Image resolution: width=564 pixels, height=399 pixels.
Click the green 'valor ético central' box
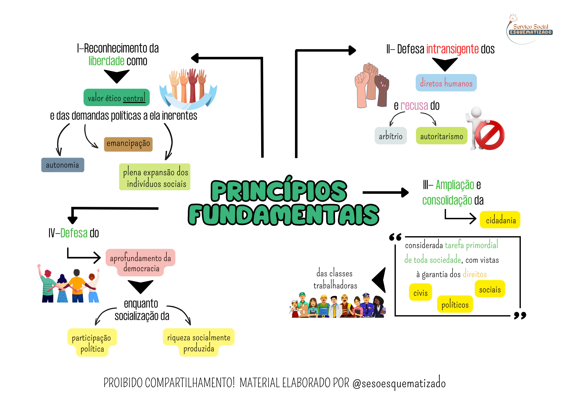point(116,98)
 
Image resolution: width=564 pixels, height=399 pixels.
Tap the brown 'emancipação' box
point(128,144)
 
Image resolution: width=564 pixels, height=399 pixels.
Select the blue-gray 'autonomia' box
point(63,165)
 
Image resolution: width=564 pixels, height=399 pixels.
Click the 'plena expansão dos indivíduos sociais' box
point(155,177)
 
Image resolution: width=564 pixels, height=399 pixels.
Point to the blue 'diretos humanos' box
point(446,83)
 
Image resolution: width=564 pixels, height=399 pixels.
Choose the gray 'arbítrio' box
point(391,136)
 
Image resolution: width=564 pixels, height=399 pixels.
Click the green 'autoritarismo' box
point(442,136)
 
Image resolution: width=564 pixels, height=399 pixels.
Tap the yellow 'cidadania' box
point(500,220)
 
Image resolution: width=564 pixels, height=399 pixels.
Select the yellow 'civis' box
point(420,292)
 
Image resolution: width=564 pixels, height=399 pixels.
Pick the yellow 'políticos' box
point(455,304)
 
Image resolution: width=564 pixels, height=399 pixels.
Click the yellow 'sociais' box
point(490,289)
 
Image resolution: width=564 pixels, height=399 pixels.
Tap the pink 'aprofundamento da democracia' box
point(140,262)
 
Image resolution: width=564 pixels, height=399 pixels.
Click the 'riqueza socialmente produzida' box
point(199,342)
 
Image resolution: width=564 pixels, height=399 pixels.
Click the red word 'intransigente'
point(452,49)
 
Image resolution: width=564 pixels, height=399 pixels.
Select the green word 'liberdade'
point(106,61)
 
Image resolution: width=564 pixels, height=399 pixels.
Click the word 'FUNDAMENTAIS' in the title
point(283,215)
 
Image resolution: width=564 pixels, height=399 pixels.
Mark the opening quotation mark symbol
point(395,237)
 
